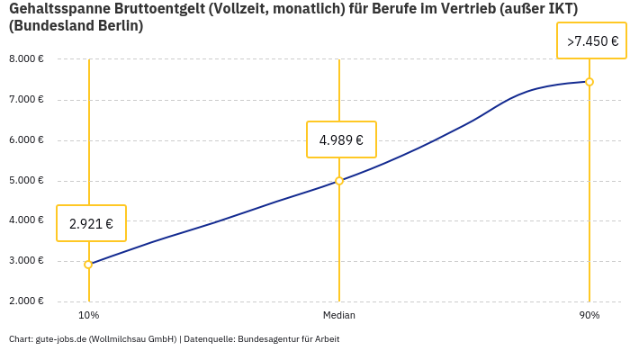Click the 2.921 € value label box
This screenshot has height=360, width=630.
point(91,223)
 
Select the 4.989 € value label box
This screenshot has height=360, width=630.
point(341,139)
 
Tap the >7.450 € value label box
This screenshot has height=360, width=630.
point(591,41)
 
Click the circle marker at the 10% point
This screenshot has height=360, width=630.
point(88,265)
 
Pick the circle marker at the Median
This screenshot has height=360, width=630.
point(339,181)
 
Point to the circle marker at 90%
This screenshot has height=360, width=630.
point(589,82)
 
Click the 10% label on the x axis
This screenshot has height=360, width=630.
point(88,315)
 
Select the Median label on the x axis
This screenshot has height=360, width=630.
point(339,315)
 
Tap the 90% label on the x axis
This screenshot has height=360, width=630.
point(589,315)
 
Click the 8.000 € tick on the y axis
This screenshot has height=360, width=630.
point(26,59)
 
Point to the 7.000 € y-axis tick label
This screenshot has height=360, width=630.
point(26,100)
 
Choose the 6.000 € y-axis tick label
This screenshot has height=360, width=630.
point(26,140)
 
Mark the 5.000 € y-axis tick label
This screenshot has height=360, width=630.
point(26,181)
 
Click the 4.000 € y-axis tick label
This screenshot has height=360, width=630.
point(26,220)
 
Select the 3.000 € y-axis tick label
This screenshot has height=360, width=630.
point(26,261)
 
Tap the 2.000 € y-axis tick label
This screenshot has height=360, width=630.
point(26,301)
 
